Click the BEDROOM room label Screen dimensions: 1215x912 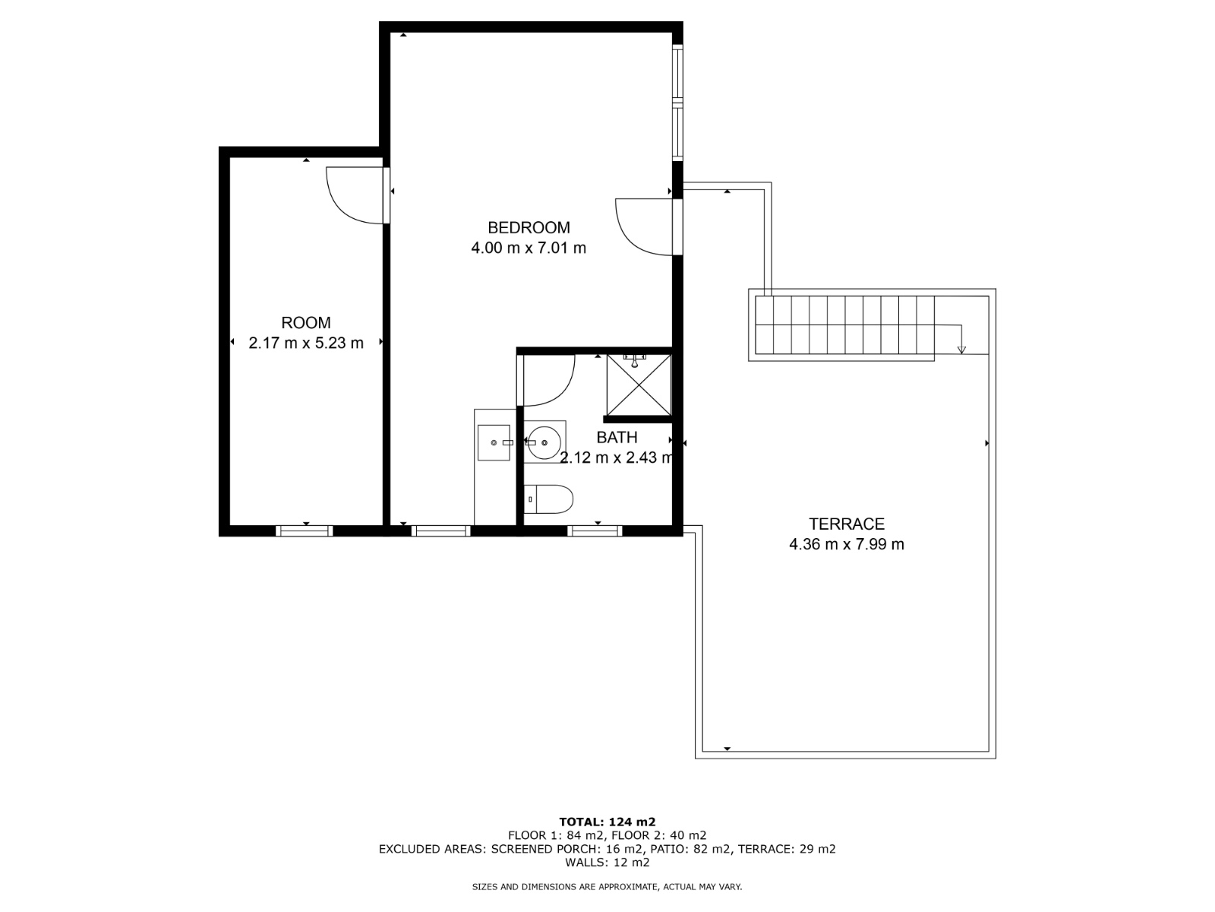click(528, 227)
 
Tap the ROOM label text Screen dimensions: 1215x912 click(305, 323)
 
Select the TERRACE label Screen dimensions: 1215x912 click(847, 524)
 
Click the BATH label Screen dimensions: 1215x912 click(617, 438)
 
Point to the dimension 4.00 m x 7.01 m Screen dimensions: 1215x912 click(528, 248)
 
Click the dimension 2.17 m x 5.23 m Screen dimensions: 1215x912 click(305, 344)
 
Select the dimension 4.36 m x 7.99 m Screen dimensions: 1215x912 click(847, 544)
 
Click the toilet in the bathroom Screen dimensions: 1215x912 click(548, 499)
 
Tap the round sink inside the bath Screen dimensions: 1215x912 click(544, 442)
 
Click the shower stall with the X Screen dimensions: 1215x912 click(639, 385)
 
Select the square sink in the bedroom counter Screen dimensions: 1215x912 click(493, 442)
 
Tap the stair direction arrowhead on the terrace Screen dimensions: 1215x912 click(961, 350)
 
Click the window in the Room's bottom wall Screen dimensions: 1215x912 click(305, 531)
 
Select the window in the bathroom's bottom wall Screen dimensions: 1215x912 click(595, 531)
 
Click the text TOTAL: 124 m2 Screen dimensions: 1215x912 click(607, 822)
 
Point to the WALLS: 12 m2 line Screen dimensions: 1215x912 click(607, 862)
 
